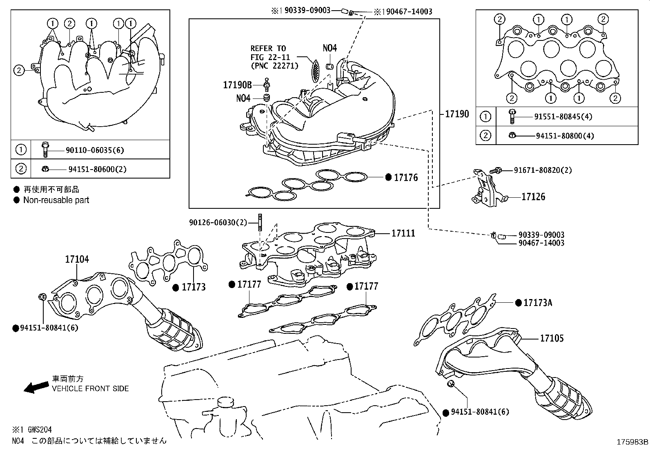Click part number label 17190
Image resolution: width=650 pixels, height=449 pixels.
pos(456,114)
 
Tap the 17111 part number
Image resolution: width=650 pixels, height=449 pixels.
pos(403,233)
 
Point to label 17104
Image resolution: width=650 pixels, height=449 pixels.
pos(77,259)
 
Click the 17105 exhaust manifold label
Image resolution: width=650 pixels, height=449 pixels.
pos(552,338)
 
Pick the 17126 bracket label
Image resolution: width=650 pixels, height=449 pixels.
pos(533,197)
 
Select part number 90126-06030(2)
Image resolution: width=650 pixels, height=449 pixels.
pos(218,222)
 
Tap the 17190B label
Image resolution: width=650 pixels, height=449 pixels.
pos(237,85)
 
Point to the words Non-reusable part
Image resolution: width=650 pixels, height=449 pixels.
pos(56,200)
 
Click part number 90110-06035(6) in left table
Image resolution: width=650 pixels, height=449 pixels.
pos(95,150)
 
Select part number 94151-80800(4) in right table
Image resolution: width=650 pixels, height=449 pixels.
pos(565,136)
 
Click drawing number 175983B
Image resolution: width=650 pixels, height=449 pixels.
pos(632,442)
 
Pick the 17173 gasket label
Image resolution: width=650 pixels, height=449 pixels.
pos(193,287)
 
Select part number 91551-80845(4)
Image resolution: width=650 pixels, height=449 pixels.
pos(563,116)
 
